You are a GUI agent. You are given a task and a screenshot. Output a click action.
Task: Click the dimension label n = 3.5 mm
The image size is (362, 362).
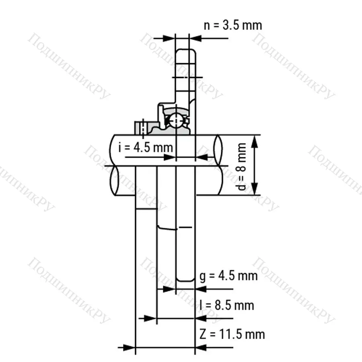233,25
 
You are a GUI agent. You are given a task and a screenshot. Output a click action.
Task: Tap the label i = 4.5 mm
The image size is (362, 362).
146,147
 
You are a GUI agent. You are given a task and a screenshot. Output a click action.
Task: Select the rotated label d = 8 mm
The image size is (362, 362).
241,167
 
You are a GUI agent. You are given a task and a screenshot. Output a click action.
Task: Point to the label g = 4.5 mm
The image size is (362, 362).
228,276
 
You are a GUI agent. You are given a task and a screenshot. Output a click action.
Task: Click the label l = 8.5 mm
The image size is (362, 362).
227,305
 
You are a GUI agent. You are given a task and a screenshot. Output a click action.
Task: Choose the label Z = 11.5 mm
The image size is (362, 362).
232,334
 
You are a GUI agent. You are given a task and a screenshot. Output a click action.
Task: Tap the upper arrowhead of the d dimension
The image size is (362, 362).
255,141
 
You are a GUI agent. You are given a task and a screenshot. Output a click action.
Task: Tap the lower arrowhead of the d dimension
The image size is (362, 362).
255,189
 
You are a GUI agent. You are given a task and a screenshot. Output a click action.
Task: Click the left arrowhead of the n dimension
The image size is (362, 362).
169,38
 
